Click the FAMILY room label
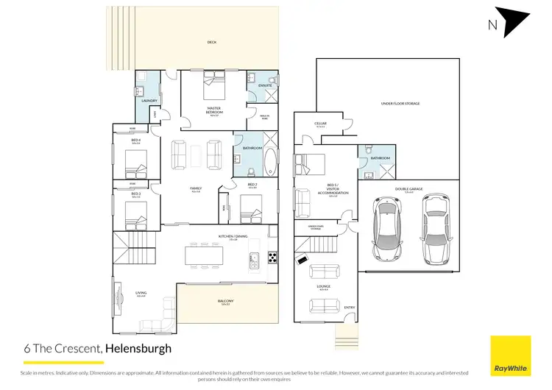point(196,188)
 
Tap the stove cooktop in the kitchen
point(272,258)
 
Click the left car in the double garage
point(388,228)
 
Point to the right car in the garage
point(436,228)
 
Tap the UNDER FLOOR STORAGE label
point(400,104)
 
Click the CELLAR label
point(319,124)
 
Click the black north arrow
point(512,20)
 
